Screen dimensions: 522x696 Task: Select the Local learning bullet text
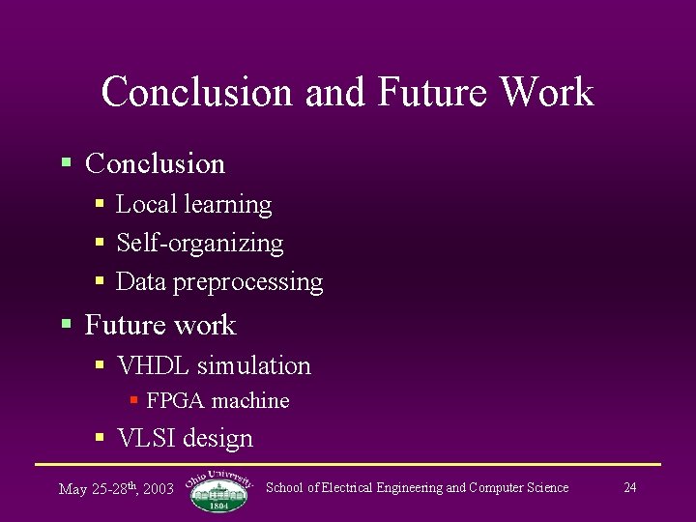tap(193, 204)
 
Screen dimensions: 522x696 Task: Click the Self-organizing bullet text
tap(199, 243)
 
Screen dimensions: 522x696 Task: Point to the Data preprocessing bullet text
tap(218, 282)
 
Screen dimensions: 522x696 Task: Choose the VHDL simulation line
tap(214, 365)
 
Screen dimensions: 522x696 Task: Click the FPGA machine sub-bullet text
tap(217, 400)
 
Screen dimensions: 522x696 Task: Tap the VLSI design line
tap(185, 438)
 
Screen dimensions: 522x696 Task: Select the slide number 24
tap(629, 487)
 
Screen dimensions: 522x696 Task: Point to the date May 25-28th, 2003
tap(116, 488)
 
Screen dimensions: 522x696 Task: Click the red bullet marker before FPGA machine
tap(134, 399)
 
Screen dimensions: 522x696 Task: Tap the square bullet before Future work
tap(66, 324)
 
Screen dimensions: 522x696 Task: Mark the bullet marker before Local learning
tap(100, 204)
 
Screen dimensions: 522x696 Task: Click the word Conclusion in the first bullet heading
tap(155, 164)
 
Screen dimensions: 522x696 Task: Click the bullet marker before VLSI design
tap(100, 438)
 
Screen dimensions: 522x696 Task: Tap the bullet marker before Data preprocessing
tap(100, 281)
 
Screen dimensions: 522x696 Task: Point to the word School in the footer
tap(284, 487)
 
